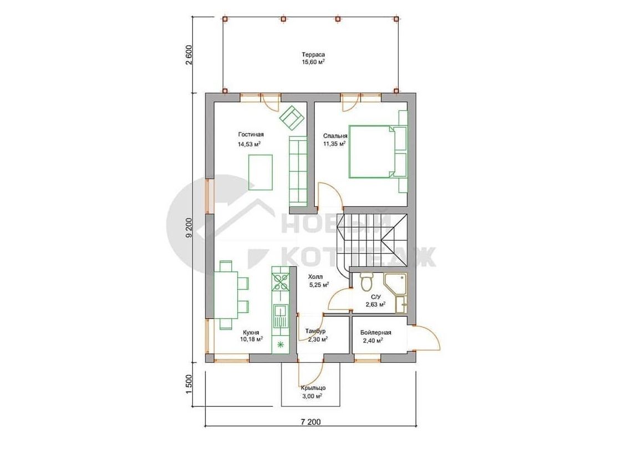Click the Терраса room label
point(313,55)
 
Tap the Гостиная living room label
point(251,134)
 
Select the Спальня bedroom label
point(335,136)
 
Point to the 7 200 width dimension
point(310,422)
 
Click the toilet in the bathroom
point(366,282)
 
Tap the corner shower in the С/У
point(395,284)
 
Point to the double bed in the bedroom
point(372,151)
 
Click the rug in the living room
point(260,172)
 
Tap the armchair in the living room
point(292,117)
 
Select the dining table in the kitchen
point(226,295)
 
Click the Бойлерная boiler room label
point(376,332)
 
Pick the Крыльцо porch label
point(313,388)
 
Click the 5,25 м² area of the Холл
point(319,284)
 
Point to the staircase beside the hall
point(372,241)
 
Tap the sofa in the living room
point(298,171)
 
